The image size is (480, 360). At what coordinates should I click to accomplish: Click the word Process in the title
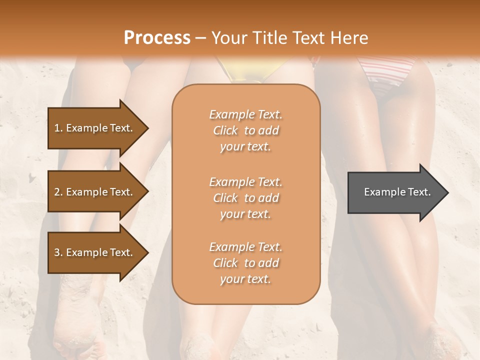157,38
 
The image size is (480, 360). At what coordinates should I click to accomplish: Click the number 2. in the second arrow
58,192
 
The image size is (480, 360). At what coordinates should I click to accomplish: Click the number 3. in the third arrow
58,252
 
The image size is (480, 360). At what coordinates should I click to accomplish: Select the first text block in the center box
245,130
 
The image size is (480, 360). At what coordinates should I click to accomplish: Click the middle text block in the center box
245,198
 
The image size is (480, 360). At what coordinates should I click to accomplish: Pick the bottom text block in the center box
245,263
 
